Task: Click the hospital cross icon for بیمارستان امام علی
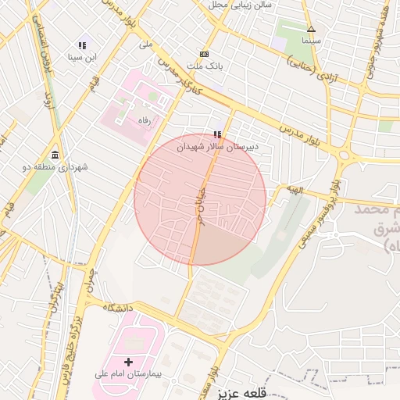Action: [x=129, y=362]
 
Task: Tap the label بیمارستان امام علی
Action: [x=127, y=374]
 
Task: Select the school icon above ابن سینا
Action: [x=82, y=45]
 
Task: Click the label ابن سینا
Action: [x=81, y=57]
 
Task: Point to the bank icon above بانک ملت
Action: [x=204, y=54]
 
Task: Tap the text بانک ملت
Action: [x=204, y=66]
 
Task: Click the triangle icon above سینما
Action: [x=311, y=29]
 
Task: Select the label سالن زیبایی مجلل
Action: [x=240, y=5]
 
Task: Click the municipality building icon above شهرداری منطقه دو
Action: [x=55, y=155]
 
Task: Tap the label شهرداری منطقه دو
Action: [x=54, y=167]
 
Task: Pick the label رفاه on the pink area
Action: [x=143, y=120]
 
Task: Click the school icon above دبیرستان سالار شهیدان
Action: [x=217, y=134]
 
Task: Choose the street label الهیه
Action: [x=294, y=189]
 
